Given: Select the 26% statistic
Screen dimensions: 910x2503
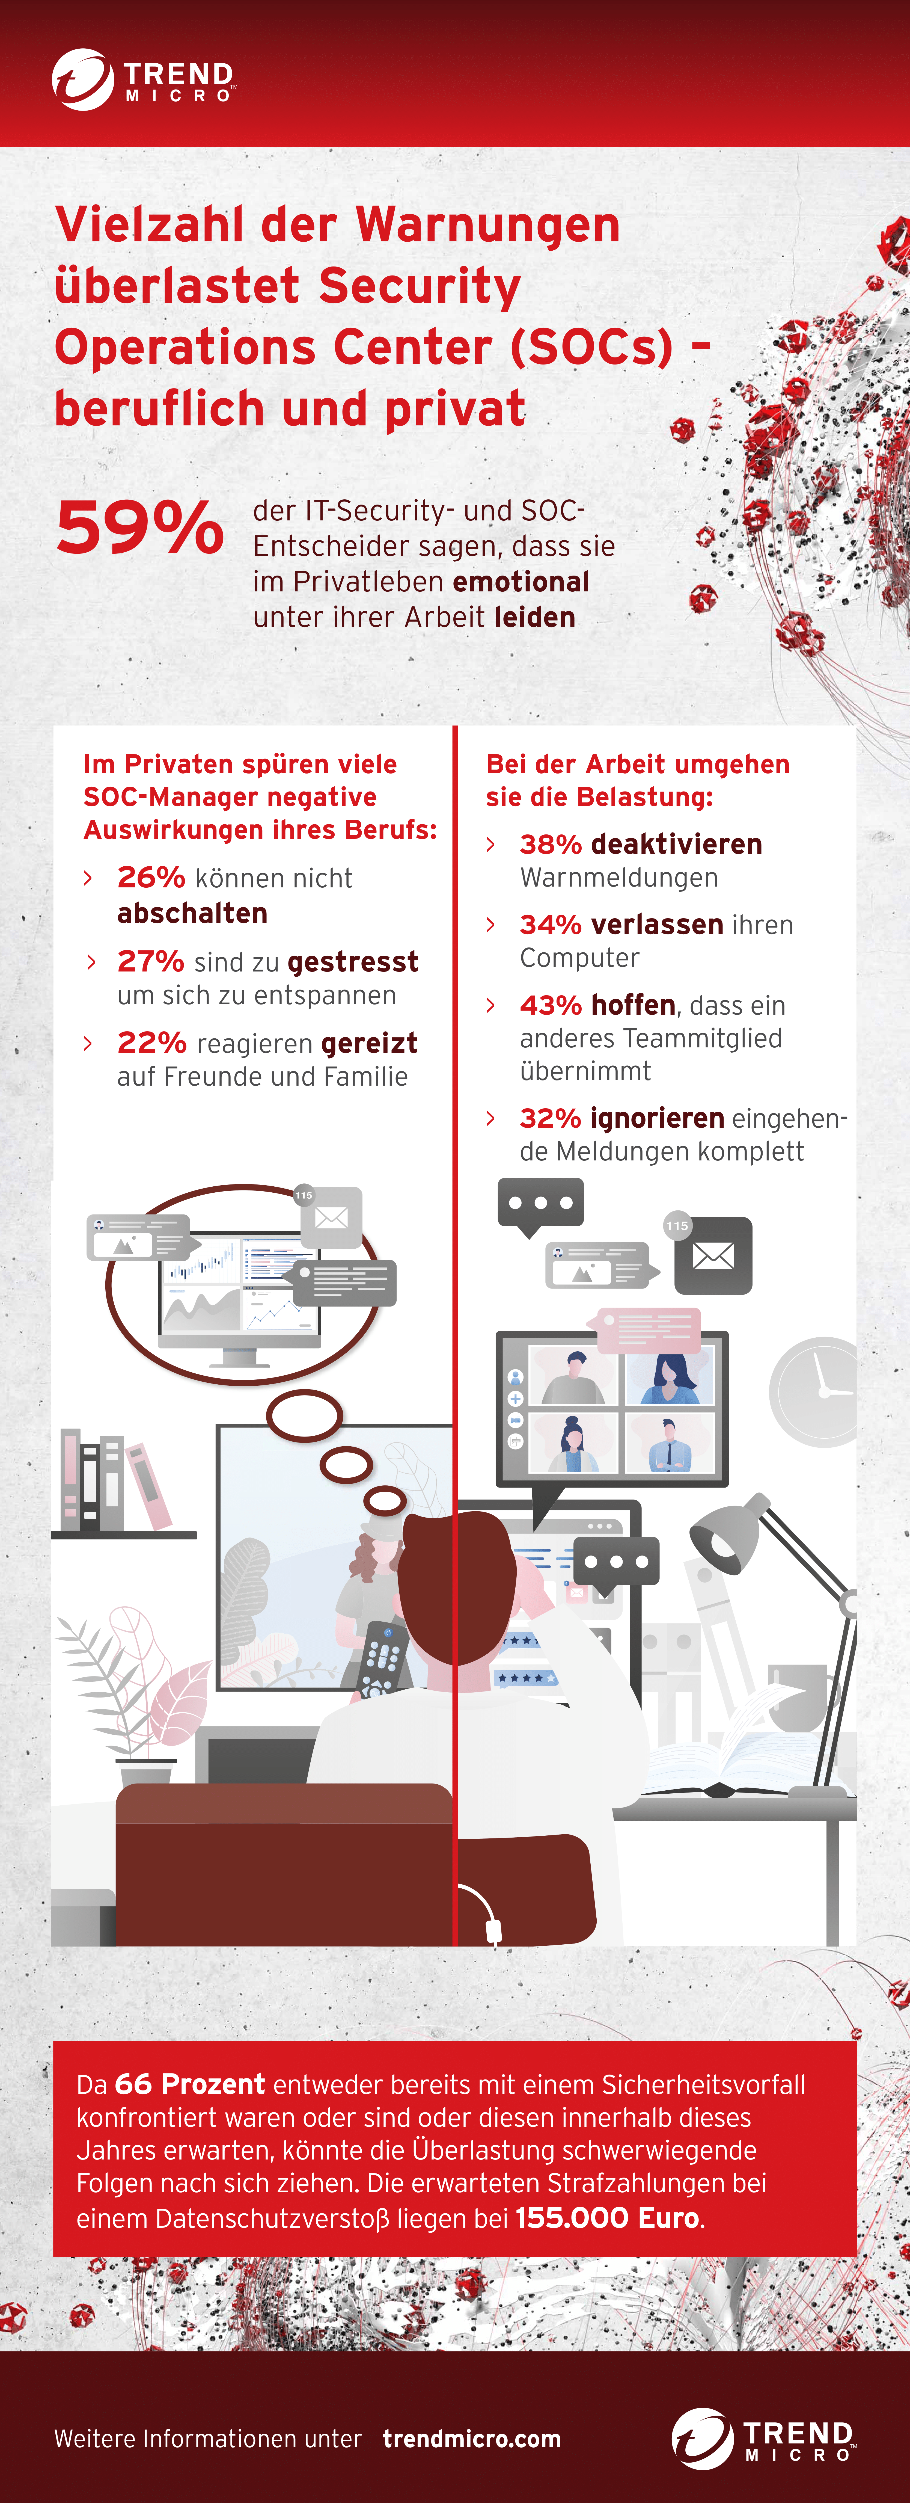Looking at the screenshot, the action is (x=151, y=877).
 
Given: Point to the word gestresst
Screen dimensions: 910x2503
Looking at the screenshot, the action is (x=353, y=962).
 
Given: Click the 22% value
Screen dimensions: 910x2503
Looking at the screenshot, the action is (x=151, y=1042).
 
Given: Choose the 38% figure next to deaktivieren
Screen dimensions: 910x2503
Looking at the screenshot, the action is (x=551, y=844).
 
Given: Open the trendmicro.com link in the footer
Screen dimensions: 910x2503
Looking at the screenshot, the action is (x=472, y=2439).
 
